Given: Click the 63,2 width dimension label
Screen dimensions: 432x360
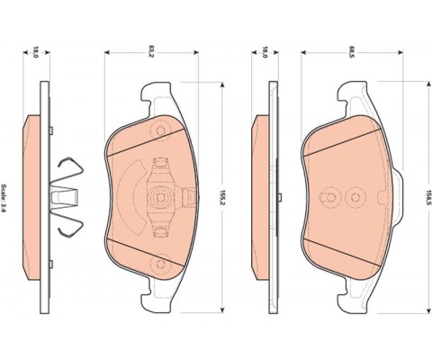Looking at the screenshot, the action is click(x=151, y=52).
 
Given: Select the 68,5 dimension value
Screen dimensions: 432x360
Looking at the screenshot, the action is click(x=350, y=51).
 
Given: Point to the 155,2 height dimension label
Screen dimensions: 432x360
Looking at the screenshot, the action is click(x=222, y=197).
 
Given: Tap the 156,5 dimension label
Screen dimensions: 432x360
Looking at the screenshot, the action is click(x=428, y=197).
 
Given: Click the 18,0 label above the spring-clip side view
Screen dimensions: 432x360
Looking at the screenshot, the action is click(x=36, y=52).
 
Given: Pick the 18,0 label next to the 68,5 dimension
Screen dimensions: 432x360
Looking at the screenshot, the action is click(x=265, y=52).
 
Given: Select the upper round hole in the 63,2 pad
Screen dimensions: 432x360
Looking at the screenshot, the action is click(x=161, y=130).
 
